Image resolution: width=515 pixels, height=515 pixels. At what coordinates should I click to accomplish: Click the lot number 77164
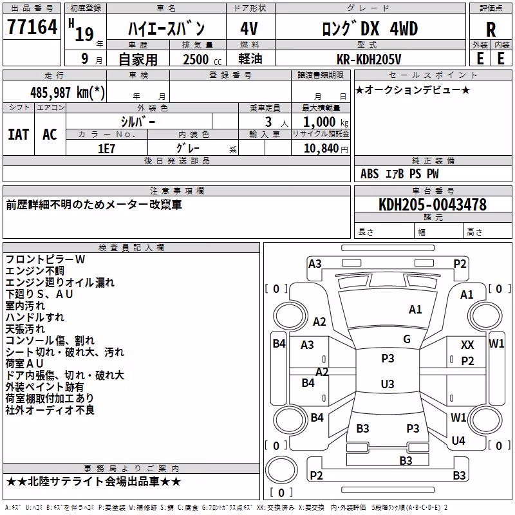click(32, 27)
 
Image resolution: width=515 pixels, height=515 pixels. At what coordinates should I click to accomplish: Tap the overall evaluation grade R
click(491, 30)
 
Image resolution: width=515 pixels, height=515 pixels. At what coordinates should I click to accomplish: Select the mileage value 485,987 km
click(68, 93)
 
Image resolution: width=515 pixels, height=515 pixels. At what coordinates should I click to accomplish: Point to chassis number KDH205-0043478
click(433, 204)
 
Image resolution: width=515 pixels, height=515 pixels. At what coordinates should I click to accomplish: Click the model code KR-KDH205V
click(369, 59)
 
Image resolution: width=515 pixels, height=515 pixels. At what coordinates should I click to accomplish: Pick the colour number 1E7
click(106, 149)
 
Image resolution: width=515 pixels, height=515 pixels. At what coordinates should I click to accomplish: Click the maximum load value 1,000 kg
click(326, 122)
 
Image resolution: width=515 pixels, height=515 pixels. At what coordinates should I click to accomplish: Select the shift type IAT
click(19, 135)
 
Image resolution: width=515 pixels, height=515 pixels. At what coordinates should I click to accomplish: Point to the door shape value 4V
click(249, 28)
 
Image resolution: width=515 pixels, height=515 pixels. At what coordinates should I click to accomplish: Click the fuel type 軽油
click(250, 59)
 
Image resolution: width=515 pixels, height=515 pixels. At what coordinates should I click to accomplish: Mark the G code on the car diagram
click(407, 339)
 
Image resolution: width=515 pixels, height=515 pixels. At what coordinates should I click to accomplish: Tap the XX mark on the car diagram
click(467, 345)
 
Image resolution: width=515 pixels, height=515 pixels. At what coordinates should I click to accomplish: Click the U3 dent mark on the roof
click(388, 384)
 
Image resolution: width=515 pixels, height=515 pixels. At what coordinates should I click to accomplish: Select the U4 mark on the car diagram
click(458, 440)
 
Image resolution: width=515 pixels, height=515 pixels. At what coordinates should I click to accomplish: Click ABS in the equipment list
click(370, 174)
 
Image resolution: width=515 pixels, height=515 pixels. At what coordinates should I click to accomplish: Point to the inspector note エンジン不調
click(35, 271)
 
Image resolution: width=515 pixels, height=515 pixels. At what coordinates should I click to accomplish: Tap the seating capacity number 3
click(268, 122)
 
